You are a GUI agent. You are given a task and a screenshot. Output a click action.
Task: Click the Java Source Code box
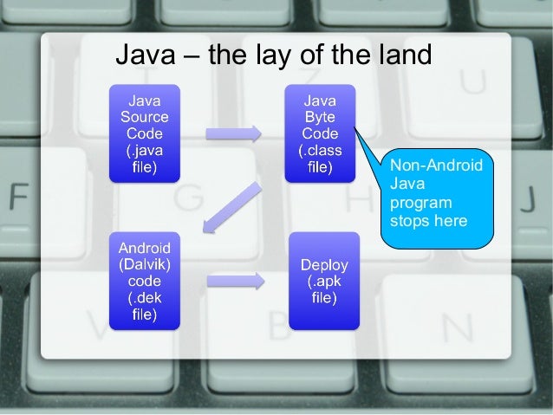coord(144,133)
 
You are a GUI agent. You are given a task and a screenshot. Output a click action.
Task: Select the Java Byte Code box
coord(320,133)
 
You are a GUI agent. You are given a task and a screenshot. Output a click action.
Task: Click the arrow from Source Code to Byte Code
coord(232,133)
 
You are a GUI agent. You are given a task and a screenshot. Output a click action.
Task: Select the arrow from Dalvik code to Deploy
coord(235,279)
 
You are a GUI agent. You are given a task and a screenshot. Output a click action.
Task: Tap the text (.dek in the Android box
coord(144,297)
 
